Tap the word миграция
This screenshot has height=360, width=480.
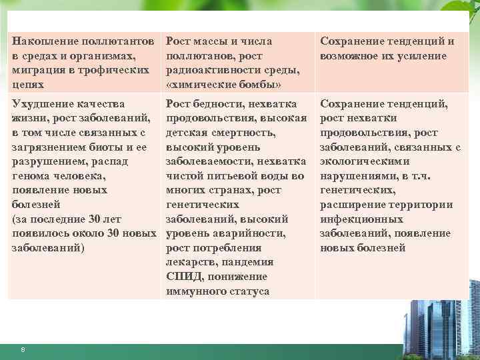point(39,71)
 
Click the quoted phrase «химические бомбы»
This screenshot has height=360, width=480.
point(223,85)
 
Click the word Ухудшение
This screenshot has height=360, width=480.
point(41,104)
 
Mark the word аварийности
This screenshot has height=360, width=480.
point(251,233)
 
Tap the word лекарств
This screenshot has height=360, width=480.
point(191,262)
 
